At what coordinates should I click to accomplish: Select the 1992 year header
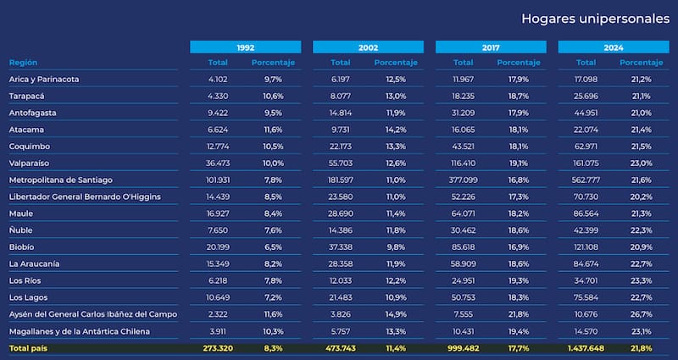(245, 47)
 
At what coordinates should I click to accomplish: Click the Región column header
(24, 63)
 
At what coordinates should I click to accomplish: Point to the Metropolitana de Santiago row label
(60, 180)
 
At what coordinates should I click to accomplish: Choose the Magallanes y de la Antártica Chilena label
(79, 330)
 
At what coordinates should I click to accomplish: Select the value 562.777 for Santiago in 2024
(586, 180)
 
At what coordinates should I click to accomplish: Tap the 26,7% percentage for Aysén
(640, 314)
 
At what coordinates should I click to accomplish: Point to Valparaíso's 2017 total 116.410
(463, 163)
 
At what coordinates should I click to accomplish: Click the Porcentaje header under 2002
(395, 63)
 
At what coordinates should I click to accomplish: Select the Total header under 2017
(463, 63)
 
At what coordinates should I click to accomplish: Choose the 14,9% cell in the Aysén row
(395, 314)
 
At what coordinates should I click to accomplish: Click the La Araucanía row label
(34, 264)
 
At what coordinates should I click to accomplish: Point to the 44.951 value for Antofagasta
(586, 113)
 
